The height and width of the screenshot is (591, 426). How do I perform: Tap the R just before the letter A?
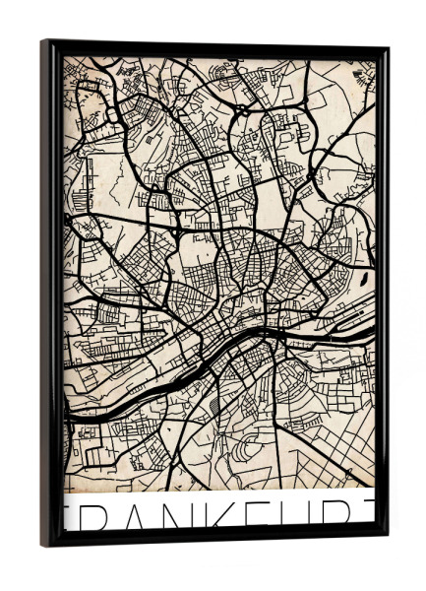(x=91, y=515)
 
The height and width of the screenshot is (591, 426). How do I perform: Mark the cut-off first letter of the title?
(x=67, y=515)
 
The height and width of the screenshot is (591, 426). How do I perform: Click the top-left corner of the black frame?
(x=44, y=42)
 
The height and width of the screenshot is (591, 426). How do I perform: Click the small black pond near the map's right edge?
(x=364, y=278)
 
